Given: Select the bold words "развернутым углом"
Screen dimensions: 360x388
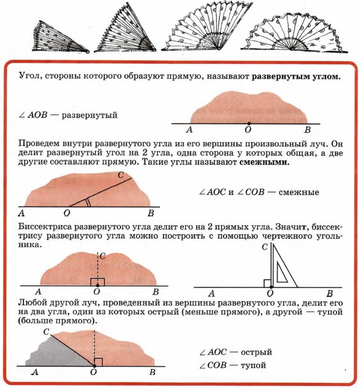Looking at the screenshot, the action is click(296, 76).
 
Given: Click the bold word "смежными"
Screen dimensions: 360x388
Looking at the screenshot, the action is click(265, 162).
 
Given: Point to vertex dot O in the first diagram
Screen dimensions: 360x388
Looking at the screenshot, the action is click(249, 123).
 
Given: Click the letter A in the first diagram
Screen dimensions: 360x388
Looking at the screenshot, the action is click(190, 130).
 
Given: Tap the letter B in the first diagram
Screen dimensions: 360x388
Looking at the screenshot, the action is click(307, 130).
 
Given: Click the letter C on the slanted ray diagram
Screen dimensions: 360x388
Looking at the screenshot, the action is click(121, 175).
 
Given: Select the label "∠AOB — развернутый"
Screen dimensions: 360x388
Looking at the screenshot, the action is click(68, 115).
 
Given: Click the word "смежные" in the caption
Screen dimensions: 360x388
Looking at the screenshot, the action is click(299, 192).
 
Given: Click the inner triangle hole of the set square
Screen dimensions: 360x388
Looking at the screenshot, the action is click(281, 274).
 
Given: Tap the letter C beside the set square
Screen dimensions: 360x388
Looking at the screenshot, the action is click(265, 247).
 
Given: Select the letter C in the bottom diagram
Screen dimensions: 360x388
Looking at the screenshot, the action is click(46, 331).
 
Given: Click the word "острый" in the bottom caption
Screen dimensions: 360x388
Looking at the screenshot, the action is click(256, 352).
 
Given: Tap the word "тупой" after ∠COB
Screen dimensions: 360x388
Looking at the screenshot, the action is click(254, 365).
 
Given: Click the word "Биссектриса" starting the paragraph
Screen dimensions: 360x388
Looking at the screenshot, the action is click(44, 227).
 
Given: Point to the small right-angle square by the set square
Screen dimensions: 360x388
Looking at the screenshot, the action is click(268, 283).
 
